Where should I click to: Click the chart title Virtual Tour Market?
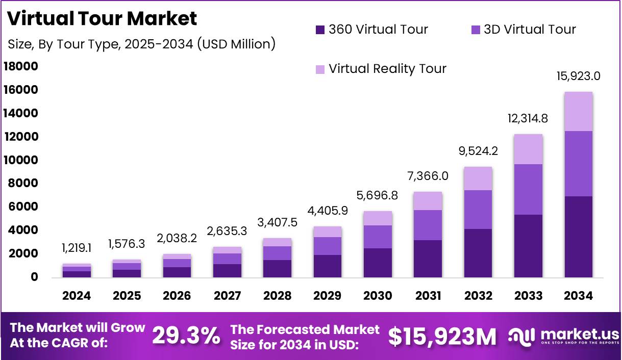(102, 18)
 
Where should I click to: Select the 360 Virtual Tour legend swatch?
(320, 30)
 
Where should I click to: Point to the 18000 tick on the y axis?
(21, 67)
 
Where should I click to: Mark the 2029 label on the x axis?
(328, 296)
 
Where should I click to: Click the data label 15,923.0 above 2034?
(578, 76)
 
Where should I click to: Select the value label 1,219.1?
(77, 248)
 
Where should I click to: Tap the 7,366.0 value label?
(428, 176)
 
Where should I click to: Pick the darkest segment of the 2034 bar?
(578, 237)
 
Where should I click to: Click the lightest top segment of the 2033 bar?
(528, 149)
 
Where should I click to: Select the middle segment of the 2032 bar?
(478, 210)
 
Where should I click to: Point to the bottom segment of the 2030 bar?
(378, 263)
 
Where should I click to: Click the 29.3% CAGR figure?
(186, 336)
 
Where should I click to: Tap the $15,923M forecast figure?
(442, 336)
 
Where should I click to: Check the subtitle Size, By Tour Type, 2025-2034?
(141, 44)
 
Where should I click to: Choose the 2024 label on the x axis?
(77, 296)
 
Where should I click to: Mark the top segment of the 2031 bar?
(428, 201)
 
